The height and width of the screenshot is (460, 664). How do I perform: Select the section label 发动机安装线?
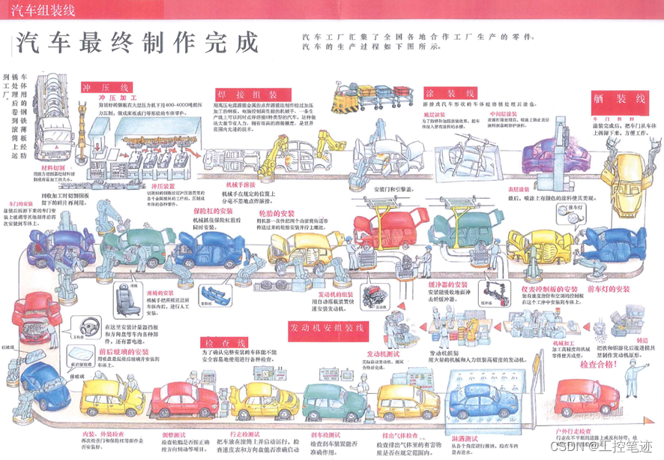[327, 328]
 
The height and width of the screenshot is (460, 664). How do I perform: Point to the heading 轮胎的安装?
[279, 212]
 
